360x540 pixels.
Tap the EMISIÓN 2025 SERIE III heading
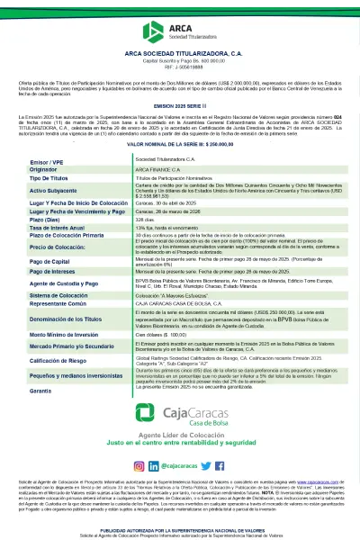180,132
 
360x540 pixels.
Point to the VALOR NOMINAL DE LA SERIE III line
180,167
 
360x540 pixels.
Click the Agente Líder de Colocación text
180,435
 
